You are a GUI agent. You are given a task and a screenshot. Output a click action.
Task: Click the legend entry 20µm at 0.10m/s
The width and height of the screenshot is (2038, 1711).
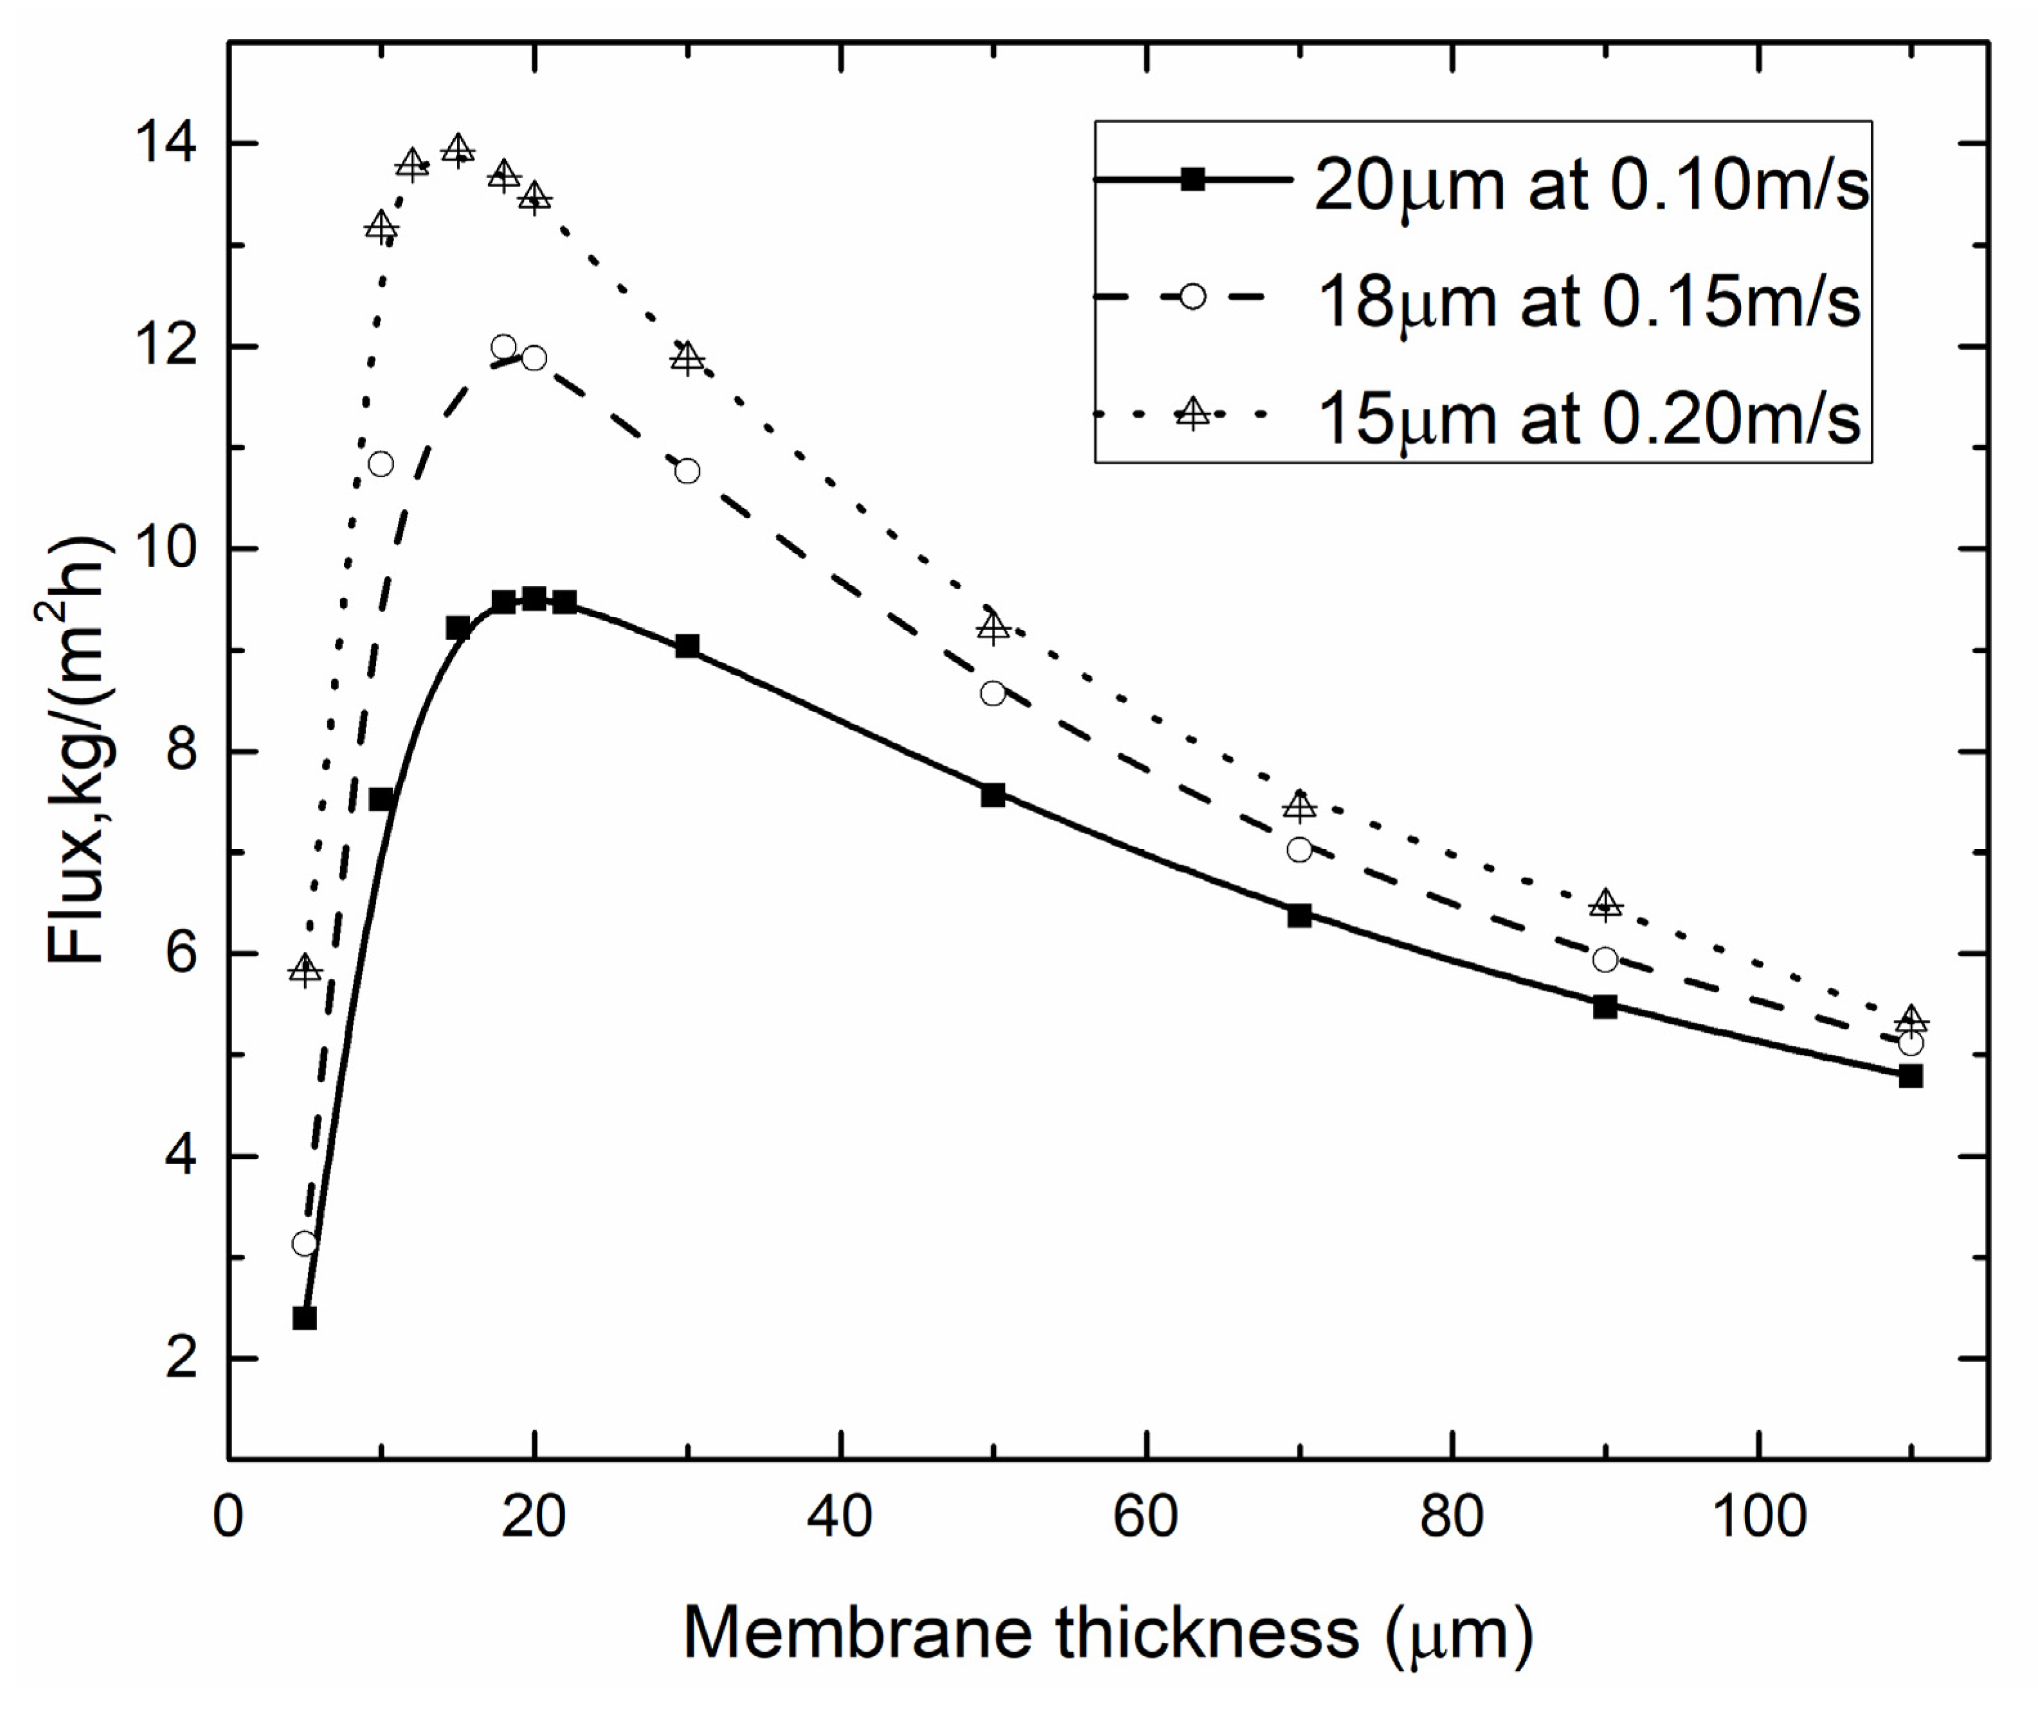coord(1590,183)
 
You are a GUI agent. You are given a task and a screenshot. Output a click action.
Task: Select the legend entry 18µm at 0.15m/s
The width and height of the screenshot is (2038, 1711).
coord(1588,300)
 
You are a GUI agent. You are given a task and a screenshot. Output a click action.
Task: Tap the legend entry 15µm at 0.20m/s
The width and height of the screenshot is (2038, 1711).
coord(1588,417)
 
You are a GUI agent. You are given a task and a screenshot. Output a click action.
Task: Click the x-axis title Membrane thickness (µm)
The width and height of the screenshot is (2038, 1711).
coord(1107,1633)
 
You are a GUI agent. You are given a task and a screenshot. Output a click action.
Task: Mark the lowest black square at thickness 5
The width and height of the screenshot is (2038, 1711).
coord(305,1318)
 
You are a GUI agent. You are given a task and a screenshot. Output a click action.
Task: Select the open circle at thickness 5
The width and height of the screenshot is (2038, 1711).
coord(305,1243)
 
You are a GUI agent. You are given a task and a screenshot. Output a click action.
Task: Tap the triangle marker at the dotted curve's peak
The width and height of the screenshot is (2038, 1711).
coord(458,150)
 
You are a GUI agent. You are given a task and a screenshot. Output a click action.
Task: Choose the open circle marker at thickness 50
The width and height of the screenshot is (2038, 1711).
coord(993,693)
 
